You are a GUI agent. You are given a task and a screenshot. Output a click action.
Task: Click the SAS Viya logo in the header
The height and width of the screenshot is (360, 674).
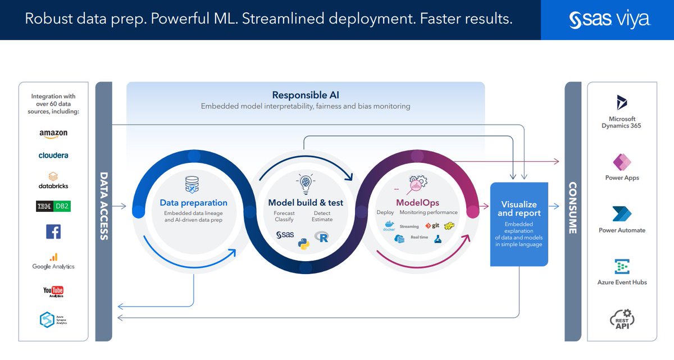pos(609,20)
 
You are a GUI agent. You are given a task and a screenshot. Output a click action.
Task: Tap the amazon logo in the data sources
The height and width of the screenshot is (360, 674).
pos(53,134)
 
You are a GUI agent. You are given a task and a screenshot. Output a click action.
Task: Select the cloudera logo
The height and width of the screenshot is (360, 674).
pos(53,156)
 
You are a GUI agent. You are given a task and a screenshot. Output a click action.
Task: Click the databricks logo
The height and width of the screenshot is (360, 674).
pos(53,180)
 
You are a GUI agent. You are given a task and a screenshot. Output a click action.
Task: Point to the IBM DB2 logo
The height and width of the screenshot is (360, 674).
pos(53,206)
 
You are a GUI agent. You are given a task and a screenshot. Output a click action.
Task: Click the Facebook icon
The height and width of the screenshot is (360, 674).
pos(53,231)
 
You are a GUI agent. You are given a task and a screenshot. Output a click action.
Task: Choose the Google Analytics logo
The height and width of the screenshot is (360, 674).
pos(53,261)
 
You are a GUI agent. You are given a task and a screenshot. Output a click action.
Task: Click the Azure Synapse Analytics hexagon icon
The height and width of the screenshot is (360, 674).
pos(47,320)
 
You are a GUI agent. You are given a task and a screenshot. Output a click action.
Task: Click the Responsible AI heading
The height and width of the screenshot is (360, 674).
pos(306,95)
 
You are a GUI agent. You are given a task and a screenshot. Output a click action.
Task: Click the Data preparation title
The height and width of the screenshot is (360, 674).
pos(193,203)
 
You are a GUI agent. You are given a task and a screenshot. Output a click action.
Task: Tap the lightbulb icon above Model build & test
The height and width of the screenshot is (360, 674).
pos(305,183)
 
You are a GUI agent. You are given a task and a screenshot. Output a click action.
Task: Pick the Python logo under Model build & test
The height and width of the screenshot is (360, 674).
pos(303,244)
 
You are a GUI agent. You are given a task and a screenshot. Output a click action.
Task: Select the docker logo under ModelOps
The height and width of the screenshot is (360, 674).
pos(389,226)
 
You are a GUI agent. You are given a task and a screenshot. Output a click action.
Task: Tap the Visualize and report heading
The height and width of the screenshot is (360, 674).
pos(518,208)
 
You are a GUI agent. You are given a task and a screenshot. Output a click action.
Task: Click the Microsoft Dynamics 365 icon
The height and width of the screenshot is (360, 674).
pos(621,103)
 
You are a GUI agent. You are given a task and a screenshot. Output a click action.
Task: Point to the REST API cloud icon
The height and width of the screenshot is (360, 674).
pos(621,318)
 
